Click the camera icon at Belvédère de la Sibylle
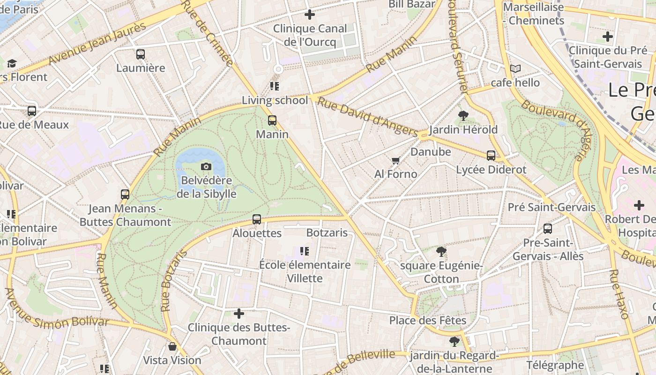tap(206, 166)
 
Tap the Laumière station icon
tap(141, 54)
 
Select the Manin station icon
tap(272, 120)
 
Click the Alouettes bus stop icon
tap(257, 219)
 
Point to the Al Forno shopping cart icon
tap(395, 160)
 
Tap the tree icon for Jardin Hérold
tap(463, 115)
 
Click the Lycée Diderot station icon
tap(491, 156)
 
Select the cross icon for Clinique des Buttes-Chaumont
tap(239, 313)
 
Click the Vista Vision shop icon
tap(172, 346)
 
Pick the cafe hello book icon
tap(515, 69)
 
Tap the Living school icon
tap(275, 86)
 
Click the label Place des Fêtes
tap(428, 321)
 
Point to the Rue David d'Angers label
tap(367, 117)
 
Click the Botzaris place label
tap(327, 233)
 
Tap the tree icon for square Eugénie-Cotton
tap(441, 252)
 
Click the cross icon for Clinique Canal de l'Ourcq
tap(309, 15)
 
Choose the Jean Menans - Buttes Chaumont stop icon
tap(125, 194)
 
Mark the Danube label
tap(431, 152)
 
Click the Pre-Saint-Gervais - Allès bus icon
tap(548, 229)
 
